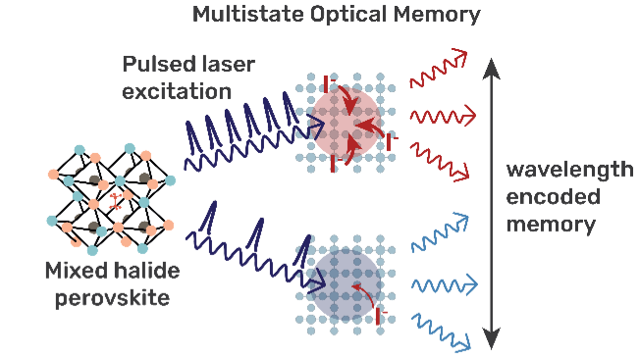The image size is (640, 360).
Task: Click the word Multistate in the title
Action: click(x=248, y=15)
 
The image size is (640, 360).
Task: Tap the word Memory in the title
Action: click(x=437, y=16)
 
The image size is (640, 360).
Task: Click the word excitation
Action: click(x=177, y=91)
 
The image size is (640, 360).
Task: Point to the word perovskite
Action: click(x=112, y=298)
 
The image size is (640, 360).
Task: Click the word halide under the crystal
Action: click(x=146, y=271)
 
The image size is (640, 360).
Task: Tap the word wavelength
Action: click(x=569, y=170)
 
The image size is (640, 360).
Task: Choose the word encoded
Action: click(x=553, y=197)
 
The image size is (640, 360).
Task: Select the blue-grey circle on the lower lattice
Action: click(x=346, y=284)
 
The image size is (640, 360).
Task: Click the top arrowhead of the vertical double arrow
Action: click(x=492, y=69)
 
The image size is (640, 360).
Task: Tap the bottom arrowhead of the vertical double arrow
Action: click(x=492, y=339)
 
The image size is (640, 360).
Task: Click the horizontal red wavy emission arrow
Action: click(x=443, y=117)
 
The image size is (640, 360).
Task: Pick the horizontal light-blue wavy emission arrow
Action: click(x=444, y=285)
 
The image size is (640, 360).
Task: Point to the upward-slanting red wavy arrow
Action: click(x=439, y=68)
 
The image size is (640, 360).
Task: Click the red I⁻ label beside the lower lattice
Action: click(x=381, y=316)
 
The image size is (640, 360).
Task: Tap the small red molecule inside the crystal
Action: click(x=116, y=201)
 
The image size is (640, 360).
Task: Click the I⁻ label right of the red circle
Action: click(x=392, y=142)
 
